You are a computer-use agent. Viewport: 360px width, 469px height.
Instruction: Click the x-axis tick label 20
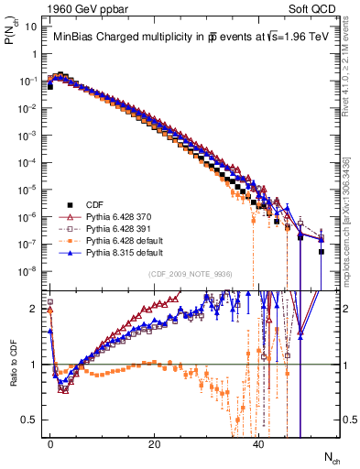(155, 445)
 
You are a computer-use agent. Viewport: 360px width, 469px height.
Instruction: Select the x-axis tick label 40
(259, 445)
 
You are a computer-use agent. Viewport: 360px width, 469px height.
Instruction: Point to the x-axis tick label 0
(50, 445)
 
